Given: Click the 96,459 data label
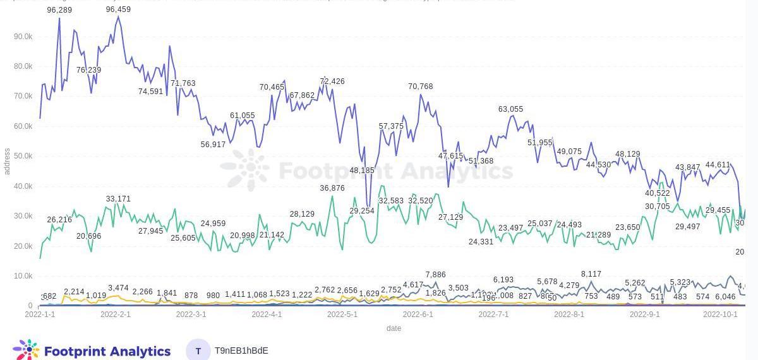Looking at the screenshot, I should [x=118, y=9].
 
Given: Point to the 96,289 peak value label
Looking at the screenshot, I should [x=59, y=10].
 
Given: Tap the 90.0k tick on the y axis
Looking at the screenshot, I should [x=23, y=37].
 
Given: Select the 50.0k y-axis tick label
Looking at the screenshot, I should [x=23, y=156].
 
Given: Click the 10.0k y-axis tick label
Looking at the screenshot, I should [x=23, y=276].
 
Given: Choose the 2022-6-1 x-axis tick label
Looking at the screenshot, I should [x=418, y=314].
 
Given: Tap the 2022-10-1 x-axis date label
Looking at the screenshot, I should [x=720, y=314].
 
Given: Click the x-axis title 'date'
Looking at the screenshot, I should [x=394, y=328].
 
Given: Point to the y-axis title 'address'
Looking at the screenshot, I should [x=7, y=162].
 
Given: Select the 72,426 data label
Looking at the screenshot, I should [x=332, y=81].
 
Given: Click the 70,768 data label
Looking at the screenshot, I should [x=421, y=87].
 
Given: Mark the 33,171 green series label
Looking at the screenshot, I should [x=118, y=199].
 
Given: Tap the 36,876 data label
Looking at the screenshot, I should [x=332, y=188].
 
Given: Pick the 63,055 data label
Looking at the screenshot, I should [x=510, y=109].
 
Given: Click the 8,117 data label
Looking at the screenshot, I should [x=591, y=274].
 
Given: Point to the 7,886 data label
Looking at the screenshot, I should [x=435, y=275].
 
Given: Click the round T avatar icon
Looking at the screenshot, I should [x=198, y=351].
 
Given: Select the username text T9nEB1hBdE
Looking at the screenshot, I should [x=241, y=351].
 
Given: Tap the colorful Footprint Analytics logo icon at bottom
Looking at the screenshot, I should [x=26, y=351].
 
